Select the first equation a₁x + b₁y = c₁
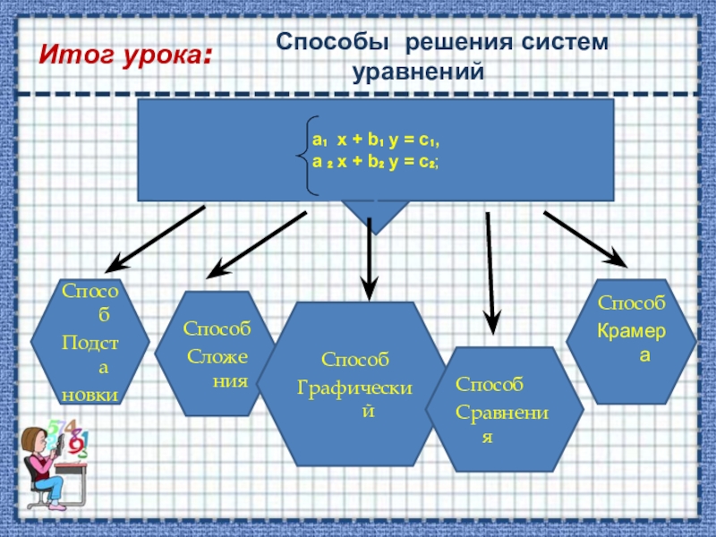[x=376, y=141]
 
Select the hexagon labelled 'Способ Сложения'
[x=216, y=354]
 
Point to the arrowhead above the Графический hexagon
[x=370, y=288]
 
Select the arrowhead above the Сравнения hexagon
[x=491, y=321]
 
